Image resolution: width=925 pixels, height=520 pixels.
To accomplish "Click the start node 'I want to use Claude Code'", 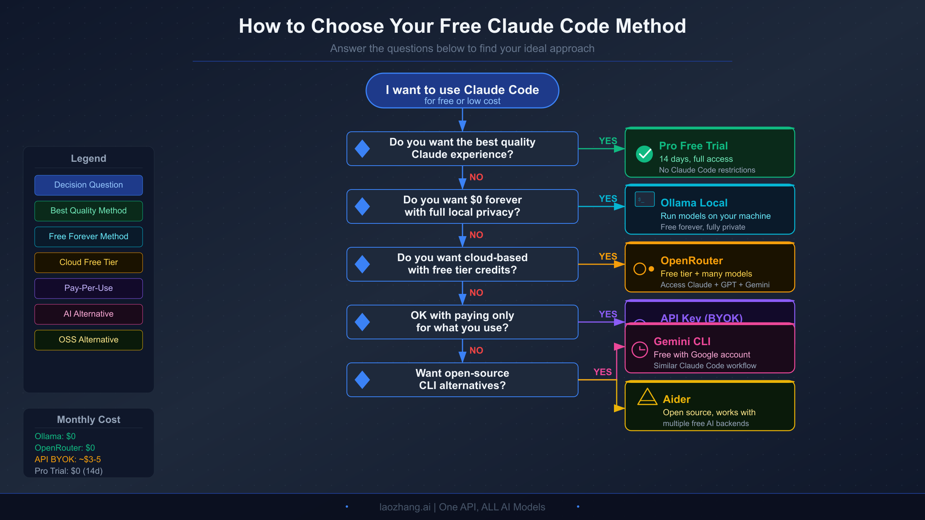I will point(462,91).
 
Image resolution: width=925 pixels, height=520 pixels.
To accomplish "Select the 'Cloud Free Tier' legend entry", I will point(88,262).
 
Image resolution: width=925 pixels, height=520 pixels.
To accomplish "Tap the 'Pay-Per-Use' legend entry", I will point(88,288).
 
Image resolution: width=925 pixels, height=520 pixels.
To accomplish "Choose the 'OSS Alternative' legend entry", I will point(88,340).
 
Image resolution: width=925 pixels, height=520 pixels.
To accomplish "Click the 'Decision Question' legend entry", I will point(88,185).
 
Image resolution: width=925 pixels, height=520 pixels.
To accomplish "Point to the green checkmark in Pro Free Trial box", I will point(644,154).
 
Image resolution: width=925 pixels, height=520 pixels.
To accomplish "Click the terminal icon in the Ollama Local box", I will point(644,200).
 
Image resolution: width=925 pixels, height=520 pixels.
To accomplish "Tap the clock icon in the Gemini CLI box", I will point(640,350).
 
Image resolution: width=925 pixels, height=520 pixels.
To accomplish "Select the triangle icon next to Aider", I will point(647,397).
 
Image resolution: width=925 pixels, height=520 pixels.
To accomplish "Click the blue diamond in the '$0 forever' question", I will point(362,206).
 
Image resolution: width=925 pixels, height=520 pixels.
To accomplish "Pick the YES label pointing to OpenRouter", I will point(608,257).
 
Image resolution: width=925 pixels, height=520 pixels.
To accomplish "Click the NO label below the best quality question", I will point(476,177).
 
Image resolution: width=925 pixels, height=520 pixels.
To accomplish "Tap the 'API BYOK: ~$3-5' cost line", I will point(68,459).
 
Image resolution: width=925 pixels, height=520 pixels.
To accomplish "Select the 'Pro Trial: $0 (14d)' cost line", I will point(69,471).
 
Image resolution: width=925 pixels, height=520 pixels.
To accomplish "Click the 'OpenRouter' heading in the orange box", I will point(691,261).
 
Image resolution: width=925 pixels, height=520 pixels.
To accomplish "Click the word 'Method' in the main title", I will point(651,26).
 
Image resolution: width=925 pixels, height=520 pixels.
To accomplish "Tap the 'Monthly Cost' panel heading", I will point(88,419).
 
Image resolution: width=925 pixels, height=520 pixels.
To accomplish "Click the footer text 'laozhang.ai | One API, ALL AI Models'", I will point(462,507).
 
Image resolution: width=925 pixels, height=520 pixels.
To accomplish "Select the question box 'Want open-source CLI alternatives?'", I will point(462,379).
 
